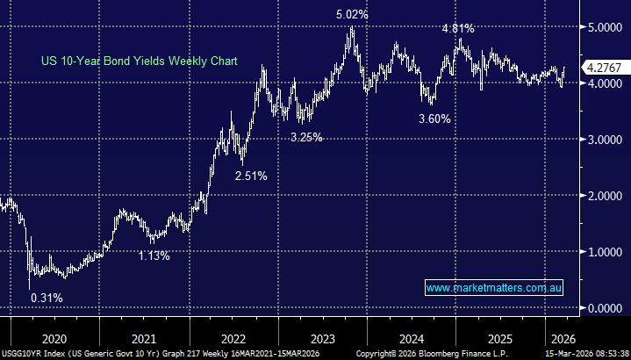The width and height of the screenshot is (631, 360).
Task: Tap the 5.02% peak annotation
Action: [x=349, y=15]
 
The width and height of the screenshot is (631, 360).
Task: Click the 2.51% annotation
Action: [x=250, y=176]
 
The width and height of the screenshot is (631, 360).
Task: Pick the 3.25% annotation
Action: [x=307, y=137]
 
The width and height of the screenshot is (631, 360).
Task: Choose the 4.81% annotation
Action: [x=458, y=28]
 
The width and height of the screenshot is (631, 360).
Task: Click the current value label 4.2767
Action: [x=606, y=68]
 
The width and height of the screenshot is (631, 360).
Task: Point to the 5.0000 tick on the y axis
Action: [x=605, y=27]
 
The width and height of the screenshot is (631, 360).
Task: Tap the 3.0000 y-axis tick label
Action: [x=605, y=140]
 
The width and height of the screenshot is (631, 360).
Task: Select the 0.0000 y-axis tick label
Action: [x=605, y=308]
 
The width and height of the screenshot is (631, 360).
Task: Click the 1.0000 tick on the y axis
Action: [x=605, y=252]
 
